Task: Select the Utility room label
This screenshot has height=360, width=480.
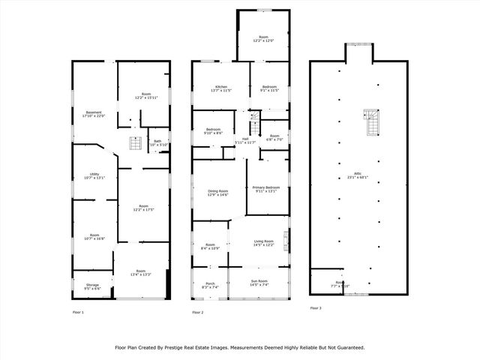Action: (94, 175)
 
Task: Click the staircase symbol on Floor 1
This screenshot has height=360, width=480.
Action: (136, 142)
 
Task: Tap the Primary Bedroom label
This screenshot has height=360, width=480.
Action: (266, 188)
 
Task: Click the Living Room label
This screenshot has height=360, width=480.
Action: (264, 242)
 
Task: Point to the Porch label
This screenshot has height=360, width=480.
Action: (210, 285)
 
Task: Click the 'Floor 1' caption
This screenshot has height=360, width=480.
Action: (78, 311)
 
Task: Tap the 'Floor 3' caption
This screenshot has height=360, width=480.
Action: (316, 308)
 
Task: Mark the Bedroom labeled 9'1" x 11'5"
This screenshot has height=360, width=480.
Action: (269, 88)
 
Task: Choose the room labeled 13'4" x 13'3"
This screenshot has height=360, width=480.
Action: (140, 272)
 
